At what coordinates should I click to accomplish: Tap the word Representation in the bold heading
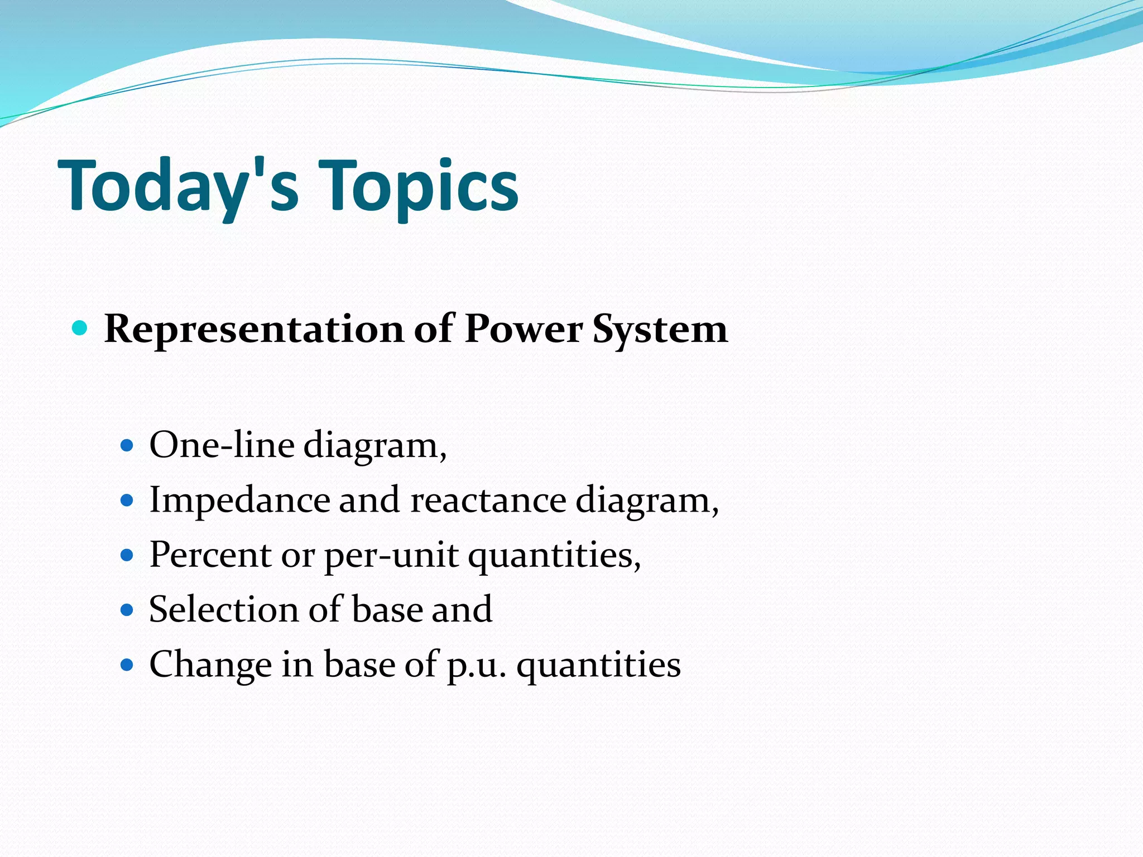click(254, 329)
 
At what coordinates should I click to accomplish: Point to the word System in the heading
click(660, 329)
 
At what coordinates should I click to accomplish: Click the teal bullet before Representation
click(80, 328)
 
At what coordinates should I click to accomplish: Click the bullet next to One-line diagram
click(127, 445)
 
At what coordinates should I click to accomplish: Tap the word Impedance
click(239, 500)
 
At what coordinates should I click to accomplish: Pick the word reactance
click(488, 500)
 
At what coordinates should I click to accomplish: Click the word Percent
click(210, 555)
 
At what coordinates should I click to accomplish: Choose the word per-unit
click(391, 556)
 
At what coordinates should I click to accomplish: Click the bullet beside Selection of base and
click(127, 609)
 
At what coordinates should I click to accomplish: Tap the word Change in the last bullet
click(210, 665)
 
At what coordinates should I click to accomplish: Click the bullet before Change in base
click(127, 665)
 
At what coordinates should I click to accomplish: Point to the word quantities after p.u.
click(598, 665)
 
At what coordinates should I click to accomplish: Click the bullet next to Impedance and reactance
click(127, 500)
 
